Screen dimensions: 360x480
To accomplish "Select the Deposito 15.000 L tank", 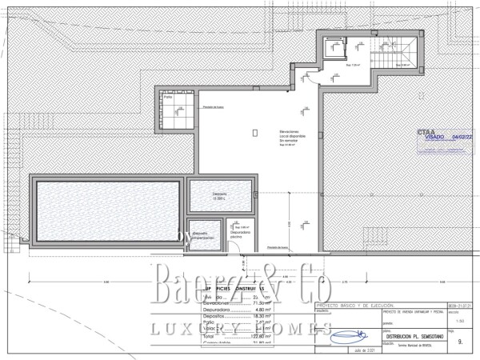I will click(x=221, y=195).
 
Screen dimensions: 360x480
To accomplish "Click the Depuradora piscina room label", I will click(x=239, y=234).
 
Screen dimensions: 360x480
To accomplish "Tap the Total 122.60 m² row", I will click(x=232, y=338).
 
